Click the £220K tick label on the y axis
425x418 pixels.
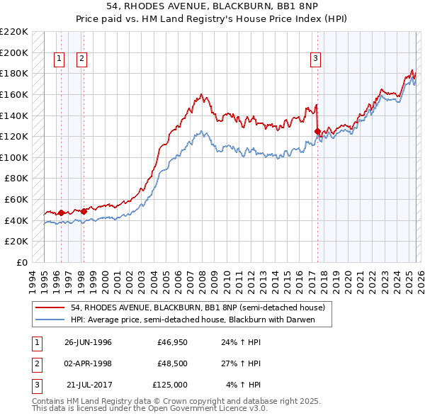15,32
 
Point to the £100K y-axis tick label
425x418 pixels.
15,157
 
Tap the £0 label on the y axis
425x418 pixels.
22,262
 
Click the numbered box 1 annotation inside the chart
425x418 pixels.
59,60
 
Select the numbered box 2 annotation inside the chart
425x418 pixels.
81,60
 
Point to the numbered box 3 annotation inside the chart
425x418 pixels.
315,60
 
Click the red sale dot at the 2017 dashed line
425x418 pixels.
317,131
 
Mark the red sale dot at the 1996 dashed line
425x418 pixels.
62,213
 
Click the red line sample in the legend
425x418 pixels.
51,308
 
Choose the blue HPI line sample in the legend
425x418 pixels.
51,320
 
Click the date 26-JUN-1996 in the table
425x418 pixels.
88,343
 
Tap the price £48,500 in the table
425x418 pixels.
172,363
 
